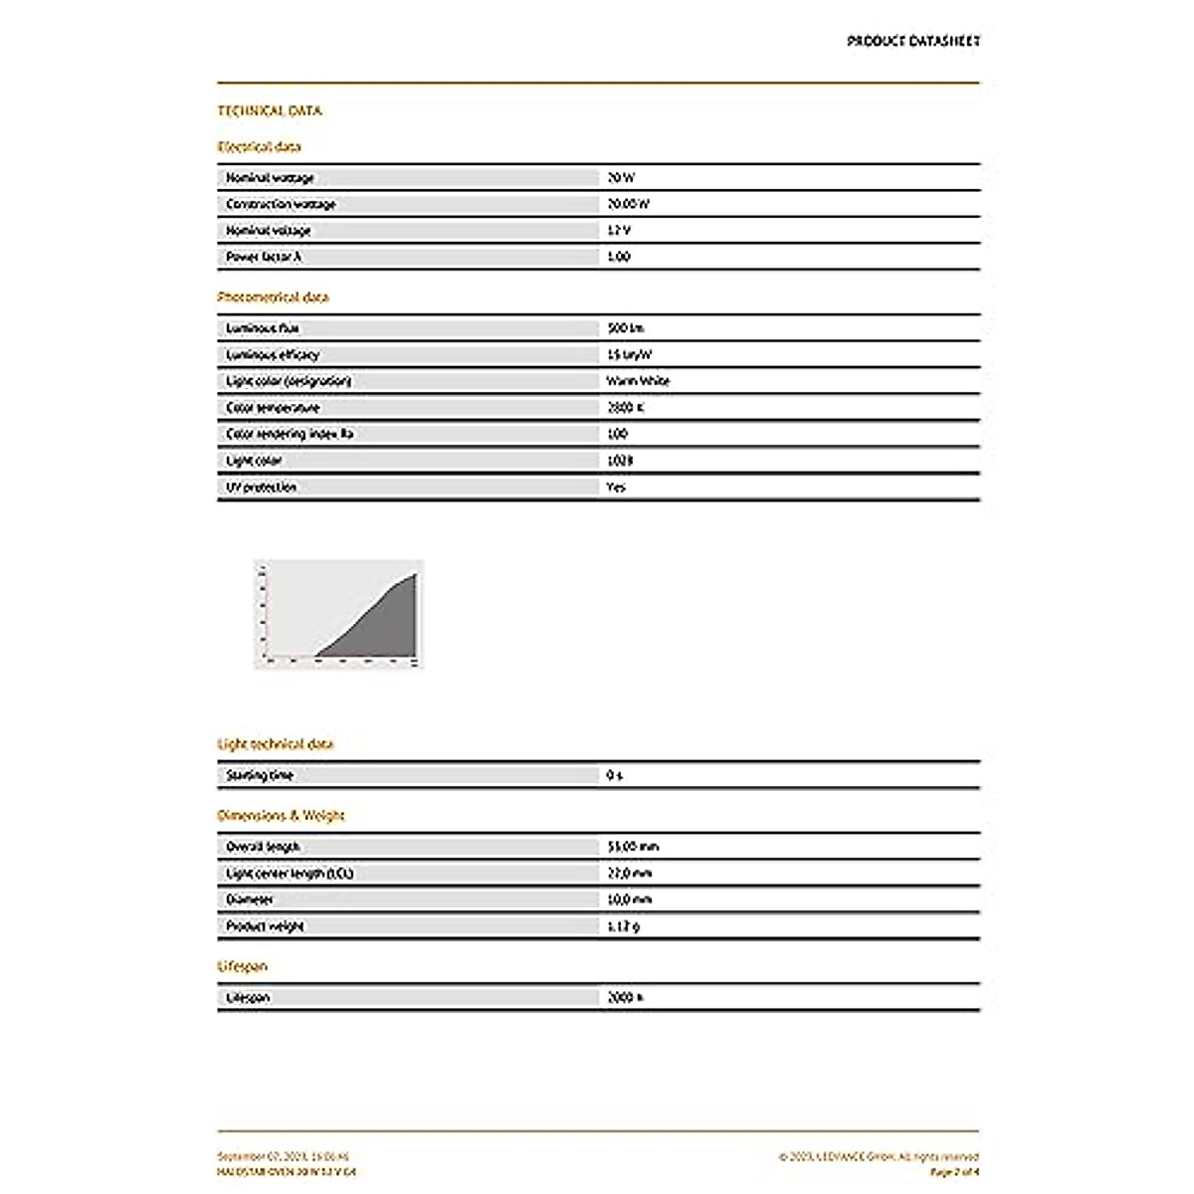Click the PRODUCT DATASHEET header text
pyautogui.click(x=912, y=41)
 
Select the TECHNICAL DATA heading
pyautogui.click(x=270, y=110)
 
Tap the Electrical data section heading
pyautogui.click(x=259, y=146)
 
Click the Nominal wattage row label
pyautogui.click(x=270, y=178)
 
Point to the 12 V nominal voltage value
pyautogui.click(x=619, y=231)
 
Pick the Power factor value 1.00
pyautogui.click(x=619, y=257)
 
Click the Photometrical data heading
pyautogui.click(x=273, y=297)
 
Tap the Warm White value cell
pyautogui.click(x=638, y=381)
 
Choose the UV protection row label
pyautogui.click(x=261, y=488)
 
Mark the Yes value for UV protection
pyautogui.click(x=616, y=488)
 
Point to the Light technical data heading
pyautogui.click(x=276, y=743)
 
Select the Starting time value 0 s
pyautogui.click(x=614, y=775)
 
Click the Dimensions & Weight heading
pyautogui.click(x=281, y=815)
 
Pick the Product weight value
pyautogui.click(x=623, y=926)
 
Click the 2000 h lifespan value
pyautogui.click(x=625, y=997)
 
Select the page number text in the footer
pyautogui.click(x=953, y=1172)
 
